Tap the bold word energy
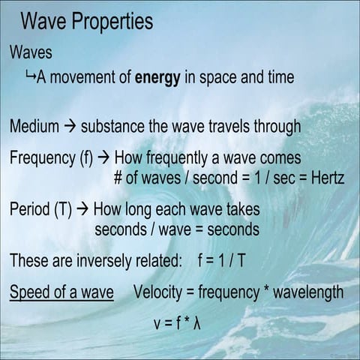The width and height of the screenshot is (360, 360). pos(157,77)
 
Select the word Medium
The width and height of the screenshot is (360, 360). pos(34,126)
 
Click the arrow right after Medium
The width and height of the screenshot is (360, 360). pos(70,126)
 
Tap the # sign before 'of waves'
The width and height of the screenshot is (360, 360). pos(118,178)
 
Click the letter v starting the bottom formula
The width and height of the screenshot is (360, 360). pos(155,325)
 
